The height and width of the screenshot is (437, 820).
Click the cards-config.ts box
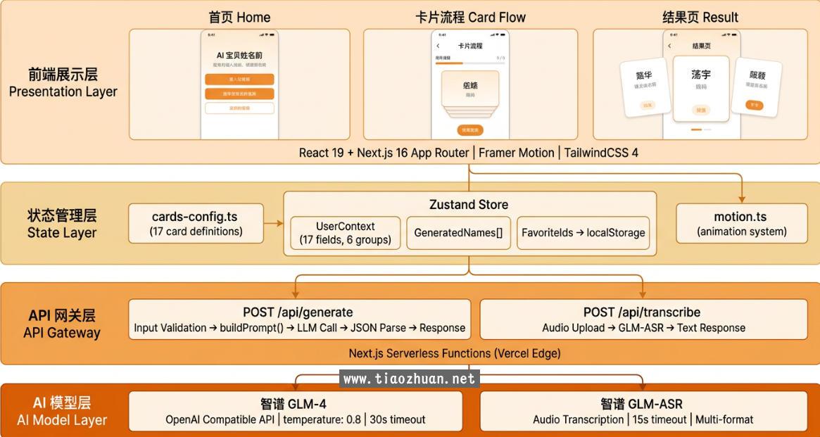pos(196,223)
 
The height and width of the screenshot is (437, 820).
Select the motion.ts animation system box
pos(741,223)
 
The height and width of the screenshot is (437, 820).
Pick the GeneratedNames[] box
pos(458,233)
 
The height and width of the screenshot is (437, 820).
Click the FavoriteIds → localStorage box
pos(584,233)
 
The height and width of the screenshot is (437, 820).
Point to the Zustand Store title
pos(469,205)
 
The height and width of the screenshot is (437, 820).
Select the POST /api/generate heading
pos(298,312)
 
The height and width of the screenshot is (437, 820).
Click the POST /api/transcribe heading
pos(642,312)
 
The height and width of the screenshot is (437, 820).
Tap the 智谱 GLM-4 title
pos(294,404)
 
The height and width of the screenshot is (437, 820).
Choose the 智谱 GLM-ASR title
pos(641,404)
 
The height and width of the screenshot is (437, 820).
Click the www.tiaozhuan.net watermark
pos(409,379)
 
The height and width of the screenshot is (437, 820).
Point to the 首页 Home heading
pos(239,17)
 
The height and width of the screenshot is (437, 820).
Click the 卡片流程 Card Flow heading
pos(470,17)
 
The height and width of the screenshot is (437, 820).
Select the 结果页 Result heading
pos(700,17)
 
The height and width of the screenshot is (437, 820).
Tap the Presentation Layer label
pos(63,91)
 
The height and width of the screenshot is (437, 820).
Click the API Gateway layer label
pos(62,332)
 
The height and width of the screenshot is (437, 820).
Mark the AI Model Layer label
pos(62,420)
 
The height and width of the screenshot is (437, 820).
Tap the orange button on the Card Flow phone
pos(469,130)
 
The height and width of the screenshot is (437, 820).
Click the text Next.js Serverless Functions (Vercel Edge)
pos(455,353)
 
